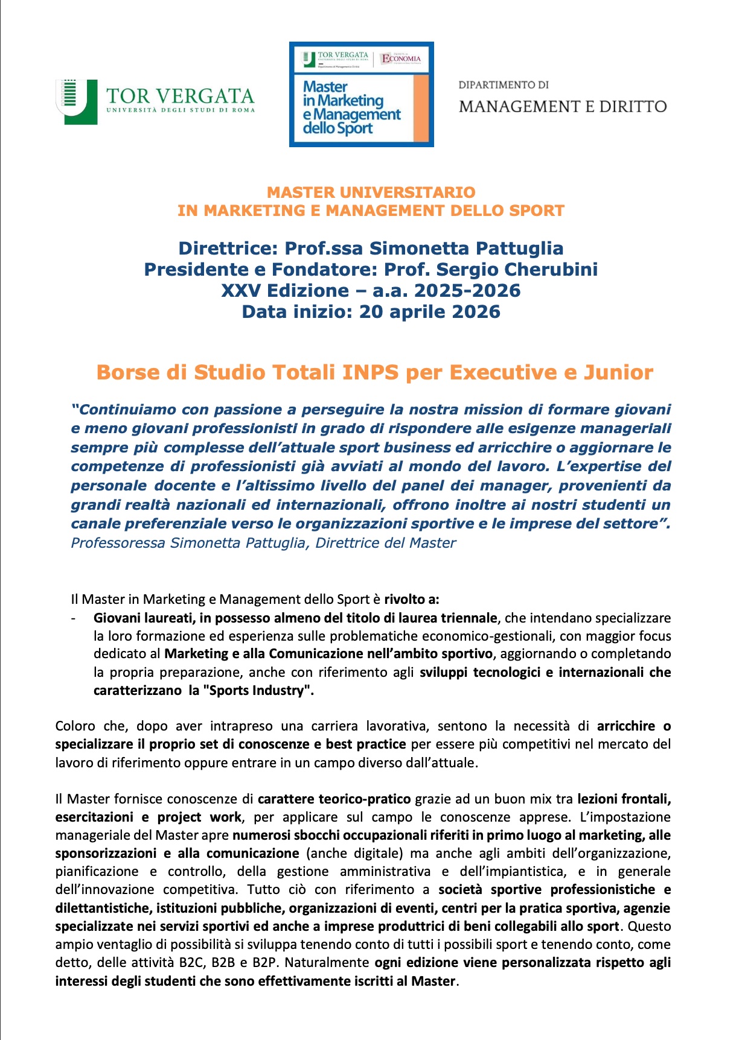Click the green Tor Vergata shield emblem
[77, 101]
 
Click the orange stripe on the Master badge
[421, 109]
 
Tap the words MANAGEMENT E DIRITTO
[562, 107]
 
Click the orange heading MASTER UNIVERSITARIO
[371, 192]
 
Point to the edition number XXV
[241, 291]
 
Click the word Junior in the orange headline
[618, 372]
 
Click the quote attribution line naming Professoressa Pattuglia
[263, 543]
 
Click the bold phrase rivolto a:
[412, 599]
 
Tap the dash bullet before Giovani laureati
[74, 618]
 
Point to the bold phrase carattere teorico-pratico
[334, 799]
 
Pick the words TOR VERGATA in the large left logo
[180, 97]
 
